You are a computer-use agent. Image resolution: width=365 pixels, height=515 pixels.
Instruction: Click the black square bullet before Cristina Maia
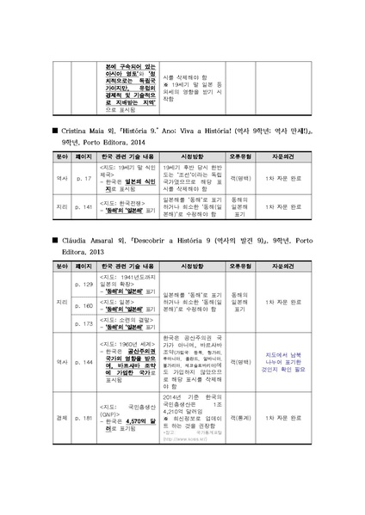pos(55,128)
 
